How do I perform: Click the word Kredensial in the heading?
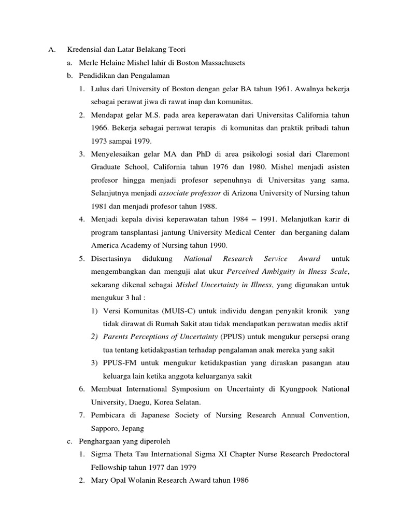83,50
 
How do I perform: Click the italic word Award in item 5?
309,258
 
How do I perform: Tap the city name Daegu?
146,402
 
